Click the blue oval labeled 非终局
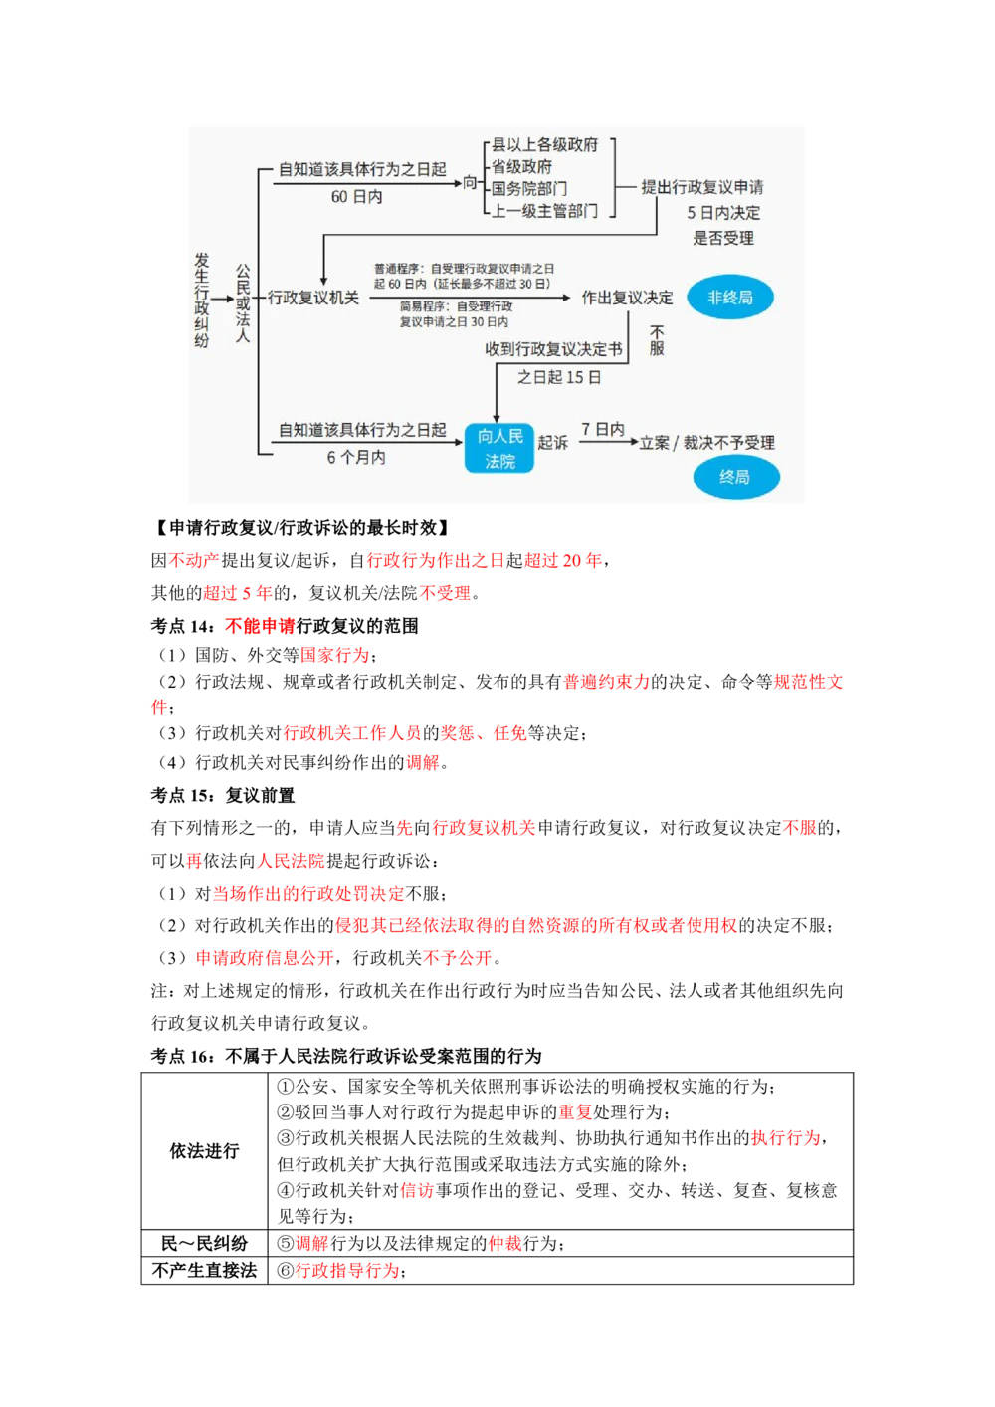tap(730, 298)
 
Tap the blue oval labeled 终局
tap(735, 477)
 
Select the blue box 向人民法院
tap(499, 448)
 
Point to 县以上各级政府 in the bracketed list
tap(544, 145)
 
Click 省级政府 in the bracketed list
tap(521, 167)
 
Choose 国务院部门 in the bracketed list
tap(529, 189)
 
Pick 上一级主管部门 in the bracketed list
tap(544, 211)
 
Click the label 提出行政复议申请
tap(702, 187)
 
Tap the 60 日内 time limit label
tap(356, 197)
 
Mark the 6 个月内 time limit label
tap(356, 458)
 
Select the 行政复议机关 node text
tap(313, 298)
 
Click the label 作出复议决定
tap(627, 298)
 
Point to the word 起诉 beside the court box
tap(552, 442)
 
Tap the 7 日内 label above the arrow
tap(603, 429)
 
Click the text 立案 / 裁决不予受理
tap(707, 443)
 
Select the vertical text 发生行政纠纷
tap(202, 300)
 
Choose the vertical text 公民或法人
tap(243, 302)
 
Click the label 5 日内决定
tap(723, 213)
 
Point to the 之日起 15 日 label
tap(559, 377)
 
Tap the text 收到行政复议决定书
tap(553, 349)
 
